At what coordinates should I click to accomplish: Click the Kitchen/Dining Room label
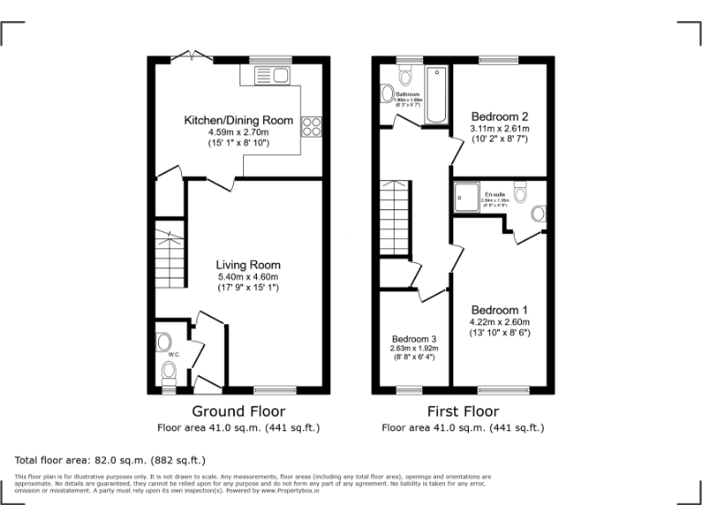point(239,121)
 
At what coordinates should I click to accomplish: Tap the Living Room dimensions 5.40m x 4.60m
point(247,277)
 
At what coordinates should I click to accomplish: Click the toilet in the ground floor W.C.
point(168,370)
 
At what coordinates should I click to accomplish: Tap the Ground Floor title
point(238,412)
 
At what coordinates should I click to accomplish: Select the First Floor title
point(462,412)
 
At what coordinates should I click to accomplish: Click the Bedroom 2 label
point(499,117)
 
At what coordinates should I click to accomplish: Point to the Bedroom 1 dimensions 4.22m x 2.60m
point(499,322)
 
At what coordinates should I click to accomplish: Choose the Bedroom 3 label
point(415,338)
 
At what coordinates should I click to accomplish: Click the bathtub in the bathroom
point(436,95)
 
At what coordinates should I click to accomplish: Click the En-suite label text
point(495,195)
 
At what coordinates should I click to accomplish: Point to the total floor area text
point(111,460)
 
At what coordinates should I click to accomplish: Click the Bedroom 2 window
point(499,59)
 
